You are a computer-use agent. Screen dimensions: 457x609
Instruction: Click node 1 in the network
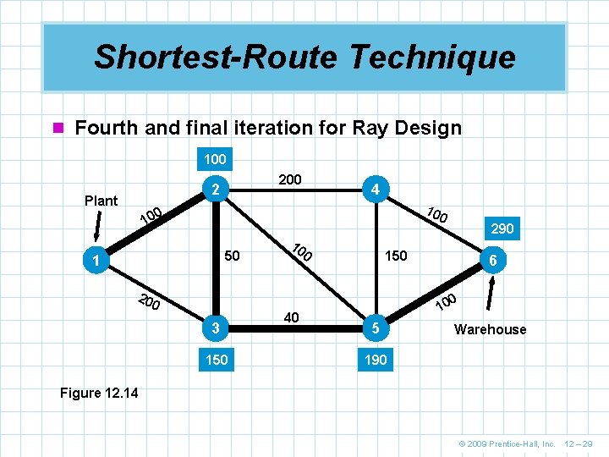click(99, 261)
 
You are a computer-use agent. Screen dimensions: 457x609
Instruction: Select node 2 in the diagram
click(216, 189)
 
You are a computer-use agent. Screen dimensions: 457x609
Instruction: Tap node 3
click(217, 328)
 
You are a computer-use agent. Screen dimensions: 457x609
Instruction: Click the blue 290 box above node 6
click(502, 228)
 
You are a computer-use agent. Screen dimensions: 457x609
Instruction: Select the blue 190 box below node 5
click(376, 360)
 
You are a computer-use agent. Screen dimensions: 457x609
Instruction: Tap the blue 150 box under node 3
click(217, 360)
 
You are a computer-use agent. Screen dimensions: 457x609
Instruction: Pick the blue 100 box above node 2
click(215, 158)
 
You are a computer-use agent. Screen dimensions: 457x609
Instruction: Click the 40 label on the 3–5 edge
click(292, 317)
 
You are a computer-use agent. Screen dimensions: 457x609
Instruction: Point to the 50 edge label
click(233, 256)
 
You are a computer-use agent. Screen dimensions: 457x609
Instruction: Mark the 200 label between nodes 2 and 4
click(291, 179)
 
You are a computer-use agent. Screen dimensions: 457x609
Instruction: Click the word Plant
click(101, 201)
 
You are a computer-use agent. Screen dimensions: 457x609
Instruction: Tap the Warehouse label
click(490, 329)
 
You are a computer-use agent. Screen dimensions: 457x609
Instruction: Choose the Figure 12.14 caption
click(100, 393)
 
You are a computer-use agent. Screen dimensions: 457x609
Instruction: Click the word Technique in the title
click(430, 57)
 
